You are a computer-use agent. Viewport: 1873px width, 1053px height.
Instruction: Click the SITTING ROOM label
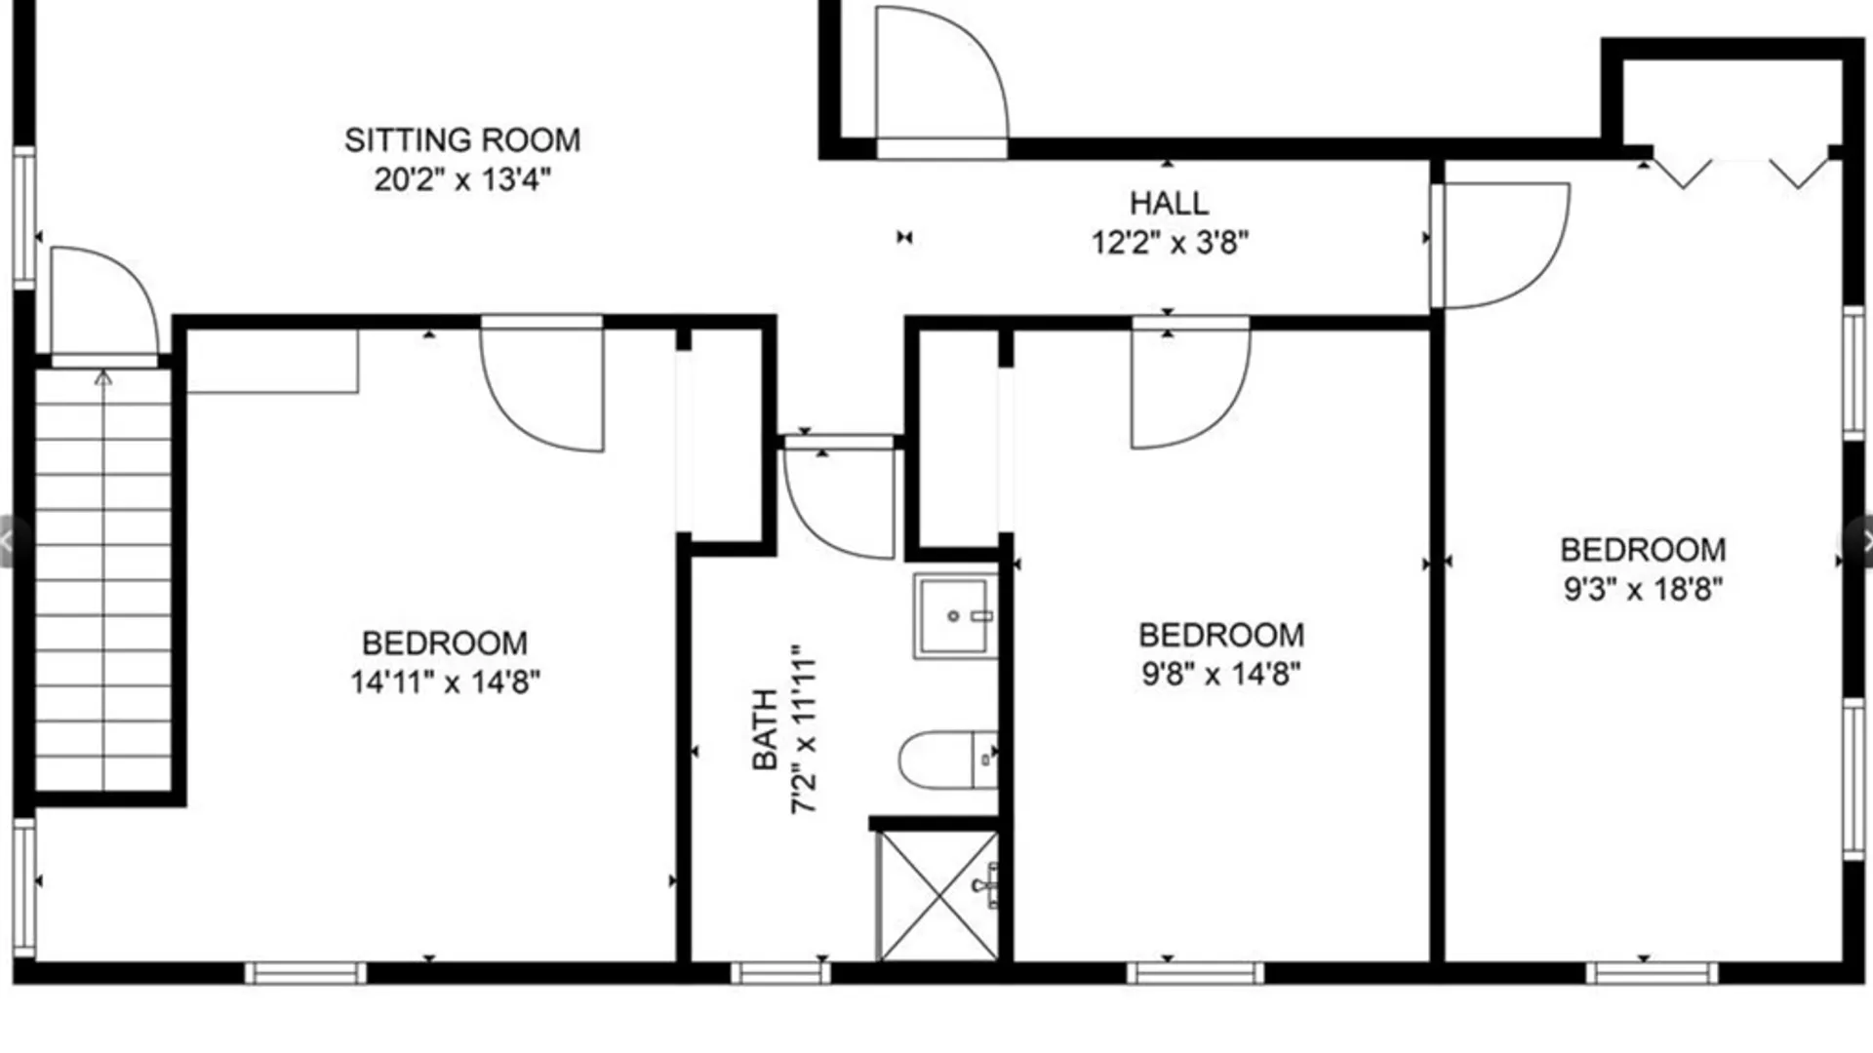(x=462, y=140)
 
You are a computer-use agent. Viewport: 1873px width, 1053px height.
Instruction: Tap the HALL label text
(x=1169, y=203)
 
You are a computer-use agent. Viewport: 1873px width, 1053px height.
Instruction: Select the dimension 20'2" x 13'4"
(x=462, y=179)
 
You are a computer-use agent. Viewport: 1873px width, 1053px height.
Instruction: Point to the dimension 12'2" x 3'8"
(x=1170, y=242)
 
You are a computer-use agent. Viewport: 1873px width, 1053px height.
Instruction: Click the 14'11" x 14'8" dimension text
(x=445, y=682)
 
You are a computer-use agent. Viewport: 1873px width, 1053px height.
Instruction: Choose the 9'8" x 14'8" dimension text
(x=1221, y=674)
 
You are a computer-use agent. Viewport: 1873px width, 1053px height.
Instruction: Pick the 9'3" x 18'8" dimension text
(x=1643, y=589)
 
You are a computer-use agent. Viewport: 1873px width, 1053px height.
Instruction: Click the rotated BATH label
(x=766, y=729)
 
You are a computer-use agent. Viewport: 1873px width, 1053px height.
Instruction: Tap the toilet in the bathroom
(x=947, y=760)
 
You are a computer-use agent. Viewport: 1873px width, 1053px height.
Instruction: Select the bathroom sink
(x=955, y=616)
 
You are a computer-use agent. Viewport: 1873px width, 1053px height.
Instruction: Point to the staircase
(x=103, y=579)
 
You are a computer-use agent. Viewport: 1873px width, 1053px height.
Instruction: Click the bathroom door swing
(x=839, y=497)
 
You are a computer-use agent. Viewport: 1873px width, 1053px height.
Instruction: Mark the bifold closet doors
(x=1740, y=173)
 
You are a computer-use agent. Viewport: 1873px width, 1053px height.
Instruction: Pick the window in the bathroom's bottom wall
(x=780, y=972)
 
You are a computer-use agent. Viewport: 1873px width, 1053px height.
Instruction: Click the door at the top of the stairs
(x=104, y=305)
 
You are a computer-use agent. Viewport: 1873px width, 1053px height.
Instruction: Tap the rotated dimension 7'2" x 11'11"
(x=805, y=729)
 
